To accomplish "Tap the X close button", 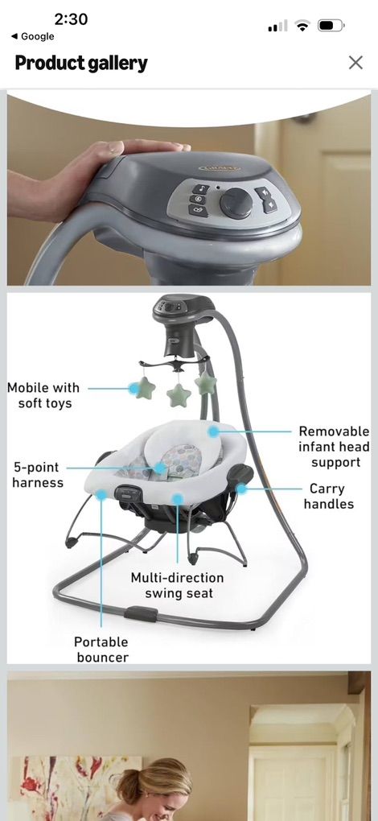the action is click(x=355, y=63).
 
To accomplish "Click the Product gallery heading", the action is click(x=81, y=64).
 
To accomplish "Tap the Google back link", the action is click(x=32, y=36).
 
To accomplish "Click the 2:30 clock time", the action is click(x=71, y=19).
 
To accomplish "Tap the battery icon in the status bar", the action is click(x=331, y=25).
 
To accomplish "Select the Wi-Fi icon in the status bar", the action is click(x=302, y=25).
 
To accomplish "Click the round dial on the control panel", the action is click(x=236, y=203).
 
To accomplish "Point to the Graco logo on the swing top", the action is click(x=219, y=167).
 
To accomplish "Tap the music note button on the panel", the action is click(x=200, y=189).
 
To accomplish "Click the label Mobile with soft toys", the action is click(x=43, y=395).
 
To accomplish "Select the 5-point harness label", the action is click(x=37, y=475).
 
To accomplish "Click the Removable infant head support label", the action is click(x=335, y=447).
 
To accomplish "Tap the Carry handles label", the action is click(x=329, y=497).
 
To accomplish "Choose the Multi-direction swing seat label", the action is click(x=177, y=585).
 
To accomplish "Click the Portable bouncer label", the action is click(x=101, y=650).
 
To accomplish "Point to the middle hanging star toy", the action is click(x=179, y=396).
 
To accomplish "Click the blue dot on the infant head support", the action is click(x=213, y=431).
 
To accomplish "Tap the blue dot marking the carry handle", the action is click(x=241, y=489).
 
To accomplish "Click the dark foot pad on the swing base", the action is click(x=142, y=613).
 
